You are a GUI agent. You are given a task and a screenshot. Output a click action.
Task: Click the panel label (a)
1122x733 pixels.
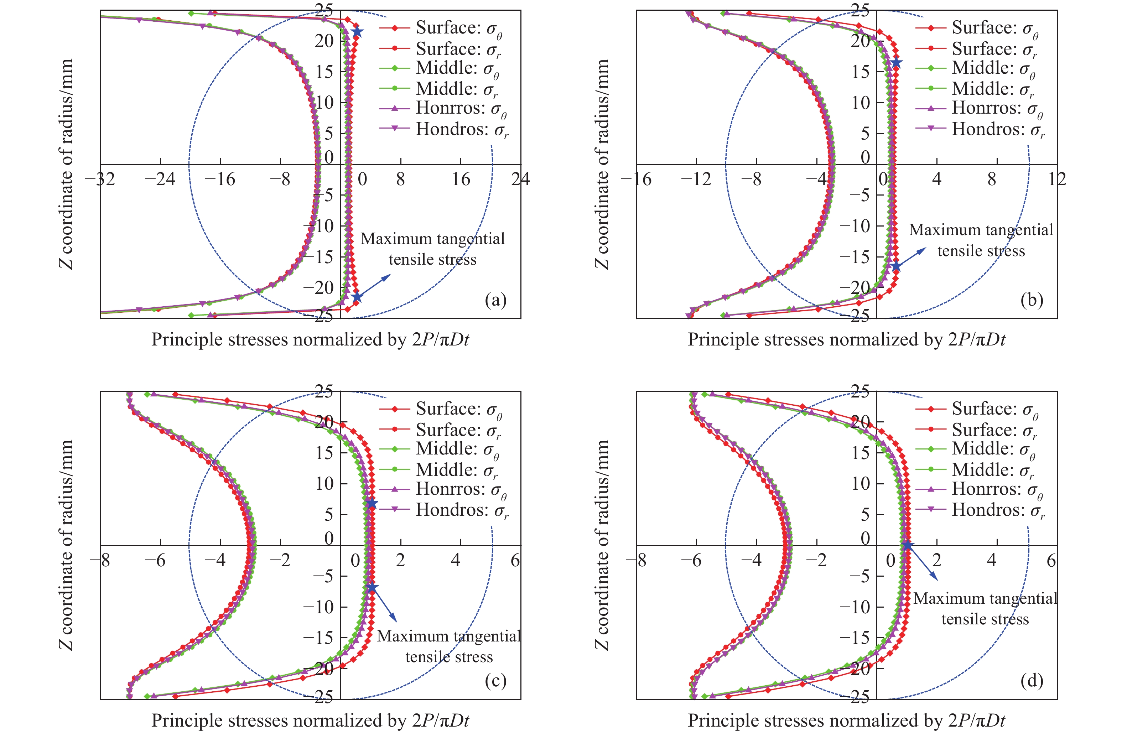coord(495,300)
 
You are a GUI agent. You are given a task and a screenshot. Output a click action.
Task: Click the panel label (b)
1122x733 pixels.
coord(1032,300)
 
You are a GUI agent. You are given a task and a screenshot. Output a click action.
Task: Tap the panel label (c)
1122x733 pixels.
coord(495,681)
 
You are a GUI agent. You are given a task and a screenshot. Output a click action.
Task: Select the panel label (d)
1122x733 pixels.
coord(1032,681)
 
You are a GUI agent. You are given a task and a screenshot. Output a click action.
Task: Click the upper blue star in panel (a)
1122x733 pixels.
coord(357,32)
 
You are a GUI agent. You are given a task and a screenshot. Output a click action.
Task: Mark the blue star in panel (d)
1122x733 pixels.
coord(907,545)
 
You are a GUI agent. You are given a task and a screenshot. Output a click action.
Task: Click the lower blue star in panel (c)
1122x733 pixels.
coord(372,587)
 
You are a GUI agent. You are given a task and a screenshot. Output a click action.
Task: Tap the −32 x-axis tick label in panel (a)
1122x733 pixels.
coord(100,179)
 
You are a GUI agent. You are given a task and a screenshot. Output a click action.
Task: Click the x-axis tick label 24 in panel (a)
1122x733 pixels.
coord(520,179)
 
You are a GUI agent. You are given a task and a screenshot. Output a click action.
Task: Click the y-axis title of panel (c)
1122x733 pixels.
coord(67,545)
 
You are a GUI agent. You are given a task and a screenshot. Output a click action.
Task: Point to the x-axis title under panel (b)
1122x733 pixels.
coord(846,339)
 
